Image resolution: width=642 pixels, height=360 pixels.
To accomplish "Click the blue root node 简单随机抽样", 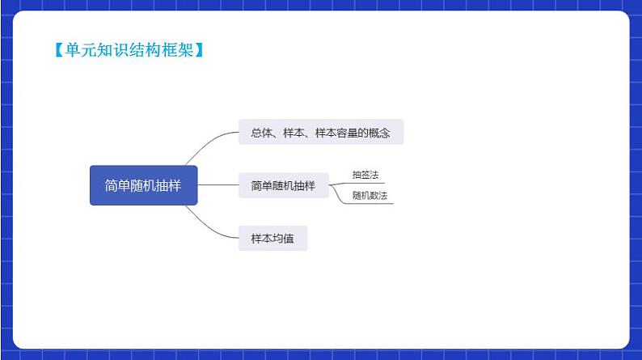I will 143,185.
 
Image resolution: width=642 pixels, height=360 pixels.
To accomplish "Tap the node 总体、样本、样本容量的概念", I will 320,132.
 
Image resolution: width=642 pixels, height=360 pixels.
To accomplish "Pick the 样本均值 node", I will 272,239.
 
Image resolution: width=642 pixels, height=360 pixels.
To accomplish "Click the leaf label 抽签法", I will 365,174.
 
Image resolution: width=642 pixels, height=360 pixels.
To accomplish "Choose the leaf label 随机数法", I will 370,195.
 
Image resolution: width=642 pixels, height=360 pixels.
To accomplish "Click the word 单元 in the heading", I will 72,50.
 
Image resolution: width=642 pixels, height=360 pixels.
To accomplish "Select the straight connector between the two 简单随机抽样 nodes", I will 218,185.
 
